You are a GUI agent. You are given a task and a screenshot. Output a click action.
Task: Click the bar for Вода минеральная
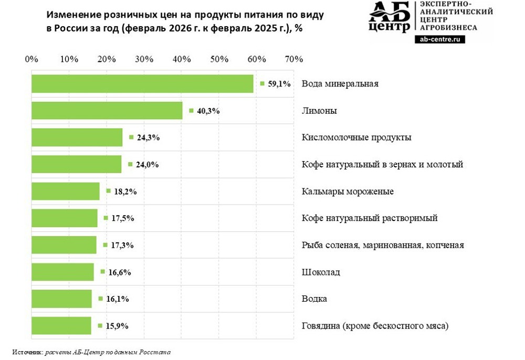pos(142,84)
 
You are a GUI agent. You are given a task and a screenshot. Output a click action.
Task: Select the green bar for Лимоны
pos(107,111)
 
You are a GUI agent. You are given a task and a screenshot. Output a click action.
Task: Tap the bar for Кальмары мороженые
pos(66,192)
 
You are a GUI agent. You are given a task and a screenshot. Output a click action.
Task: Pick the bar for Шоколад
pos(63,272)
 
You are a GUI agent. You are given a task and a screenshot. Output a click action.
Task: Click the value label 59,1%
pos(279,84)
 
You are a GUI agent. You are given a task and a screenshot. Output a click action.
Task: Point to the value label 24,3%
pos(148,137)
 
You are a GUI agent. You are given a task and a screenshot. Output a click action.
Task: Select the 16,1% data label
pos(118,299)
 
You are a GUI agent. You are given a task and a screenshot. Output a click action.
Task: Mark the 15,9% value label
pos(117,326)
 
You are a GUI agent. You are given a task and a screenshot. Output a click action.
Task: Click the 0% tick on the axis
pos(32,59)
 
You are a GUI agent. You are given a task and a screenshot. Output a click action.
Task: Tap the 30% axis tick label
pos(144,59)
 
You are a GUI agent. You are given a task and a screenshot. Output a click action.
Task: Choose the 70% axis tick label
pos(294,59)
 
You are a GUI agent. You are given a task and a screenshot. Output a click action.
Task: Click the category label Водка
pos(314,299)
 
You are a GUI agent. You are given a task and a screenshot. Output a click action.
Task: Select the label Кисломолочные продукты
pos(356,137)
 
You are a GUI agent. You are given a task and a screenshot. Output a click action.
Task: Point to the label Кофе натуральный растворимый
pos(370,218)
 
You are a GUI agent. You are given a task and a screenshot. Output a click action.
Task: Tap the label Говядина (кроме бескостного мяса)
pos(375,326)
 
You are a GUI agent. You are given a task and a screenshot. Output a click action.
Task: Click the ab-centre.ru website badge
pos(439,39)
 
